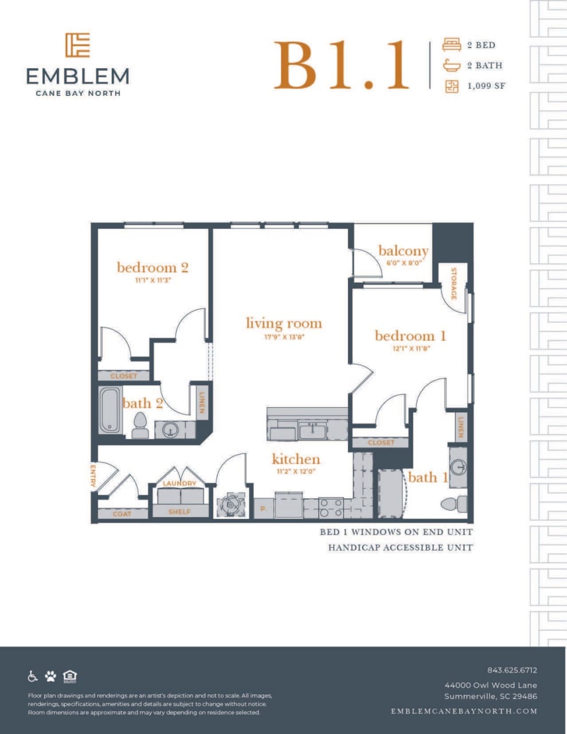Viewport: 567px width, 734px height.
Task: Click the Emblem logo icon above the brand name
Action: click(x=77, y=45)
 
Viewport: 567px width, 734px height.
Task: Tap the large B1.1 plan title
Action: click(x=342, y=65)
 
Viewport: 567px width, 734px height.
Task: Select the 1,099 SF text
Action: click(x=486, y=86)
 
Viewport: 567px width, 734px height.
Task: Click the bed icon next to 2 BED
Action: click(x=452, y=45)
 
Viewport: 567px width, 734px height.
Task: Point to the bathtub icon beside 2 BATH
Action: click(x=452, y=65)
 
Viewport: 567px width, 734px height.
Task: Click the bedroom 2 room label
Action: click(x=152, y=267)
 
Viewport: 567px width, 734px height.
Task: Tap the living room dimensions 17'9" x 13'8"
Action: click(x=284, y=337)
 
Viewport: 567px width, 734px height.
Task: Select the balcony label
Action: click(x=404, y=251)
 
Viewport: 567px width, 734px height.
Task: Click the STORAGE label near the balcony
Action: click(x=453, y=283)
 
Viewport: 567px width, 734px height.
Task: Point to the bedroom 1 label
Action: click(x=410, y=335)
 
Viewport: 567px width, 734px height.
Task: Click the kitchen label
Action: click(x=296, y=459)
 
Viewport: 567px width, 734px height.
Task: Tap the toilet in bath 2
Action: click(x=140, y=425)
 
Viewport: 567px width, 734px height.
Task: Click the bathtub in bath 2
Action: click(x=110, y=411)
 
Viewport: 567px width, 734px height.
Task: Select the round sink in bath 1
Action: click(x=458, y=467)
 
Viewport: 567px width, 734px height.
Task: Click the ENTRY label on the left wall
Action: click(x=93, y=475)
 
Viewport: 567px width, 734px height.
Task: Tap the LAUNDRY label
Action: click(x=179, y=483)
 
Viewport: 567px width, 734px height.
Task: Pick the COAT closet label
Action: click(x=122, y=514)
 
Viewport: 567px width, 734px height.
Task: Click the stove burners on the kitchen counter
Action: click(x=331, y=507)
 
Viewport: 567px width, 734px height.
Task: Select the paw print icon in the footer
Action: click(x=50, y=676)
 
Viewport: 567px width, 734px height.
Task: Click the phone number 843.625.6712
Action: click(x=512, y=670)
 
